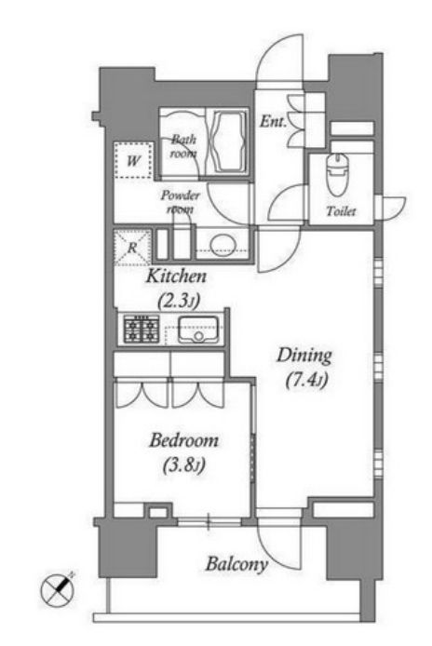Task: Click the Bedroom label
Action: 183,440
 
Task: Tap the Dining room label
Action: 304,356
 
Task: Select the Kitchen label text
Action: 176,276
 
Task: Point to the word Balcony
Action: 236,563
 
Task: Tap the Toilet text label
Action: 341,211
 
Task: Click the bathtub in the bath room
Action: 229,141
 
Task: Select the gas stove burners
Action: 142,330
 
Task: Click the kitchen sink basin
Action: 198,330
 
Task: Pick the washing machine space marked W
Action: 133,160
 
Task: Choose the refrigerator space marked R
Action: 132,248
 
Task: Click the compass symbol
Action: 58,590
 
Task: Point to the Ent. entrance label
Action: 273,122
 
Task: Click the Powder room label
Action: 180,201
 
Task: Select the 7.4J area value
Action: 306,380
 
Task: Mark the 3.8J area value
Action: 184,465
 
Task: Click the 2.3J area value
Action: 178,301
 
